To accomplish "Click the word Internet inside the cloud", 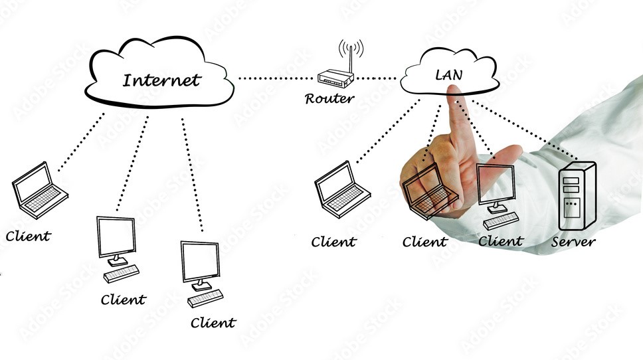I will coord(161,81).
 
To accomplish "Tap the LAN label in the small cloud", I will coord(448,74).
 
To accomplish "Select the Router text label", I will coord(329,100).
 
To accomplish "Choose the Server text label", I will coord(573,242).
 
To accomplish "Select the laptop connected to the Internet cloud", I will coord(39,190).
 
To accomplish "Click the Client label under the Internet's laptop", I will coord(28,235).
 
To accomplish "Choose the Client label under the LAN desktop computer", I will coord(500,242).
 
